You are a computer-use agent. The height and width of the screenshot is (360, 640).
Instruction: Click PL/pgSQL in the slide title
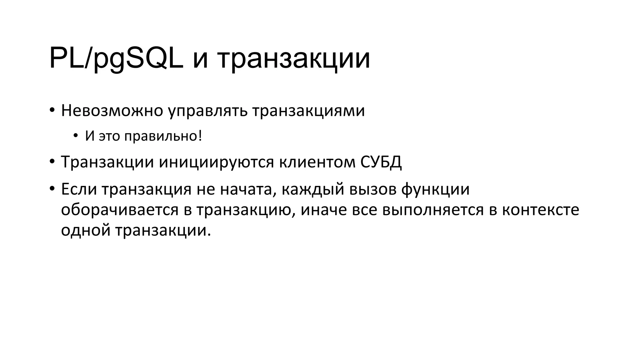coord(116,59)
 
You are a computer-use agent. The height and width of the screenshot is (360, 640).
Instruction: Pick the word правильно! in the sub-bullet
coord(163,136)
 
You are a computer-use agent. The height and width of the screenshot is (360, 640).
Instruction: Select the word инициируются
coord(216,162)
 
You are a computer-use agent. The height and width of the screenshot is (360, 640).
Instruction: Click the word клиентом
coord(317,162)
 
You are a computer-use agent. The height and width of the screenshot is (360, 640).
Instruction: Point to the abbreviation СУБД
coord(381,162)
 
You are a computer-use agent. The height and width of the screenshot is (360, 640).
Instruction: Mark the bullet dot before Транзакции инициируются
coord(52,162)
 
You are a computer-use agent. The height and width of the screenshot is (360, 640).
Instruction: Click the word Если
coord(79,189)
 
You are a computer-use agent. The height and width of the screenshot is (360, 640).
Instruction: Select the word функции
coord(435,189)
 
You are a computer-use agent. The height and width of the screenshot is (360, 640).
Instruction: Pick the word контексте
coord(541,210)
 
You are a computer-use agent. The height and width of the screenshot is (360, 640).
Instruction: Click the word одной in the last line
coord(86,231)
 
